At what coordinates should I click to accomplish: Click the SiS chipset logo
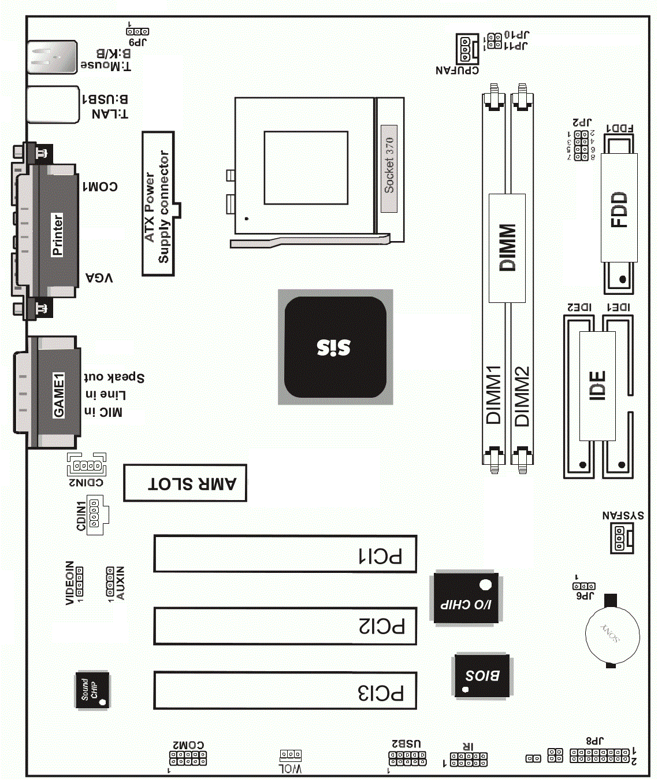(334, 347)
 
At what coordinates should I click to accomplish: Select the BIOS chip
(482, 675)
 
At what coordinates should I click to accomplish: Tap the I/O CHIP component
(466, 599)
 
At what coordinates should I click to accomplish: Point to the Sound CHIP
(92, 690)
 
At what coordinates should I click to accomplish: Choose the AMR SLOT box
(185, 483)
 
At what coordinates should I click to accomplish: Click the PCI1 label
(380, 556)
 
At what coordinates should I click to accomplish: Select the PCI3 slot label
(380, 693)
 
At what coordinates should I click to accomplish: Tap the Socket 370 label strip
(389, 166)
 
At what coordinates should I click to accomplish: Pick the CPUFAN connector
(466, 49)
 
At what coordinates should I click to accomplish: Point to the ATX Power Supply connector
(158, 203)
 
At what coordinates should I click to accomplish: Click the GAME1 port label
(59, 395)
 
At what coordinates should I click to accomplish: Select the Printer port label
(57, 234)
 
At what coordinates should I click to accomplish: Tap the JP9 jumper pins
(137, 31)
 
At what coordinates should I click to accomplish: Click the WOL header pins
(291, 755)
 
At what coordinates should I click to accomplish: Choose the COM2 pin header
(188, 758)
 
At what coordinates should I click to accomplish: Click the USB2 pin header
(407, 758)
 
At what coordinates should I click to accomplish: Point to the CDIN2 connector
(87, 465)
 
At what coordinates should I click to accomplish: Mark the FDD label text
(619, 209)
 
